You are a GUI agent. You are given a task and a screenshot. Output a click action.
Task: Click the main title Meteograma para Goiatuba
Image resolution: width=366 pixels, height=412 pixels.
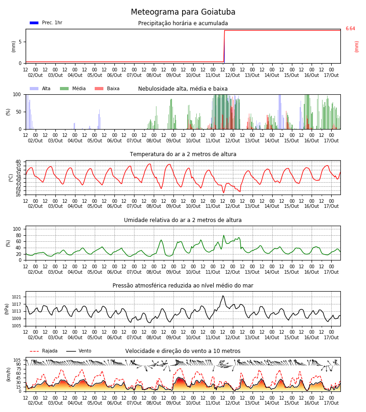click(183, 12)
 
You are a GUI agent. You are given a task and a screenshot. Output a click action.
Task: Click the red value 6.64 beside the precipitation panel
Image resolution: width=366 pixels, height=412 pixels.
click(350, 29)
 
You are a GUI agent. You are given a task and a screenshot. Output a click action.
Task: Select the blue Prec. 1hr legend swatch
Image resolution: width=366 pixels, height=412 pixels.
click(34, 23)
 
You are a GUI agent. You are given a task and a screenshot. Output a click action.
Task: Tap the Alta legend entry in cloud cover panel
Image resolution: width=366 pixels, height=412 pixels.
click(40, 88)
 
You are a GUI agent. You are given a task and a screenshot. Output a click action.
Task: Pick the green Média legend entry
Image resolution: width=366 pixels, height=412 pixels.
click(73, 88)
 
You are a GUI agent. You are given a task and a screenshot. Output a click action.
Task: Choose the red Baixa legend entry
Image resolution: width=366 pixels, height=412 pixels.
click(107, 88)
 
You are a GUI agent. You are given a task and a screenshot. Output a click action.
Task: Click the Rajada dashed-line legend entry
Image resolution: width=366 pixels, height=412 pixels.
click(43, 351)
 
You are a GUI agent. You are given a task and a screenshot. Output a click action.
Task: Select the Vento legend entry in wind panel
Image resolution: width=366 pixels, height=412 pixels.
click(79, 351)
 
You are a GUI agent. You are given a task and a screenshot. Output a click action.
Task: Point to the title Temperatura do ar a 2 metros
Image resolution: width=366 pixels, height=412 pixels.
click(183, 154)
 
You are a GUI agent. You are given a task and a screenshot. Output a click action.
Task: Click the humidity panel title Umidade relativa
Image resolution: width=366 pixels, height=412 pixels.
click(183, 220)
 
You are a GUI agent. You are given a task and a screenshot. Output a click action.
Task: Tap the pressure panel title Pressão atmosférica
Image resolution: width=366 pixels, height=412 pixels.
click(183, 285)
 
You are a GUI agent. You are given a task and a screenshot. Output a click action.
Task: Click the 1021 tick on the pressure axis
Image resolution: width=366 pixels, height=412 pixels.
click(16, 297)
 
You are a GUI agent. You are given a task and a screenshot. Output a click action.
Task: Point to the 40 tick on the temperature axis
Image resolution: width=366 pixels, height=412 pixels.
click(18, 162)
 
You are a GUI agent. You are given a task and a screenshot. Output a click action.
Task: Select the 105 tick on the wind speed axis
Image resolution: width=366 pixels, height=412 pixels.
click(17, 360)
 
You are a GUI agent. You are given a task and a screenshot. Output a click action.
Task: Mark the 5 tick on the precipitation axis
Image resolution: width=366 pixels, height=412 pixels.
click(20, 42)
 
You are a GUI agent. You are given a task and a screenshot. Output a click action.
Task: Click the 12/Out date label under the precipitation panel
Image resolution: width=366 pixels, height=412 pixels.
click(232, 75)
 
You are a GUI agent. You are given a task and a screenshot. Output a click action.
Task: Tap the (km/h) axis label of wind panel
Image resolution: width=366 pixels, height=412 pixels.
click(9, 374)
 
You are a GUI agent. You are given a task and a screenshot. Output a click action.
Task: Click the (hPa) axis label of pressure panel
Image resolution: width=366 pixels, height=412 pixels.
click(7, 309)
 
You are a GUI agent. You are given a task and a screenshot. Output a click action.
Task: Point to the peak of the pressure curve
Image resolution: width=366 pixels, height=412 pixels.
click(223, 296)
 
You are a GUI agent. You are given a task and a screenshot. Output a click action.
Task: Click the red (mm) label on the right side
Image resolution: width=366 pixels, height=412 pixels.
click(356, 47)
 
